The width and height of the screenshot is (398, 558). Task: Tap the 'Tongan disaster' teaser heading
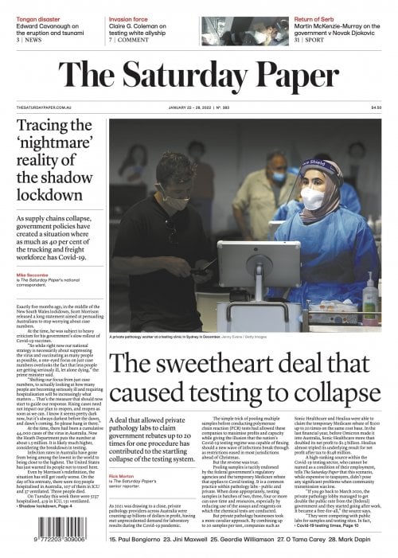point(38,6)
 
